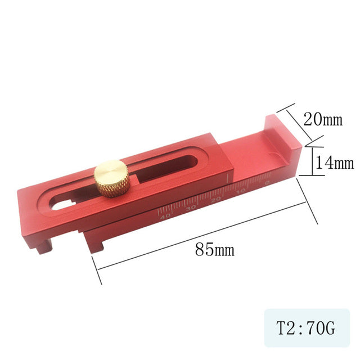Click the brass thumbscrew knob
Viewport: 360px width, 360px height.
tap(111, 177)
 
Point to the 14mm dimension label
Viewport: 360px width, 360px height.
tap(334, 163)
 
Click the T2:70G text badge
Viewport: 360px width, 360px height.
tap(306, 328)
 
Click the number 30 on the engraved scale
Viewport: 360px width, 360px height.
tap(191, 207)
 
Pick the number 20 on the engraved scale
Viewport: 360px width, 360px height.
tap(217, 199)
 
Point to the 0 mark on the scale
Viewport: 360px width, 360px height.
tap(266, 184)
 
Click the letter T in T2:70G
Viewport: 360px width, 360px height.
tap(280, 328)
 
